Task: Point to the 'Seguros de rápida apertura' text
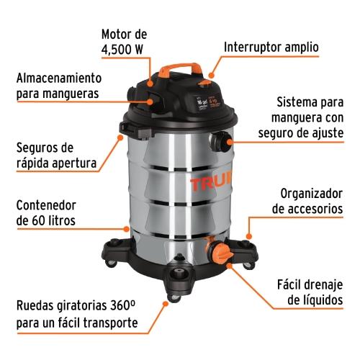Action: coord(55,156)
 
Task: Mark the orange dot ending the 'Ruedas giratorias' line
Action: coord(166,305)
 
